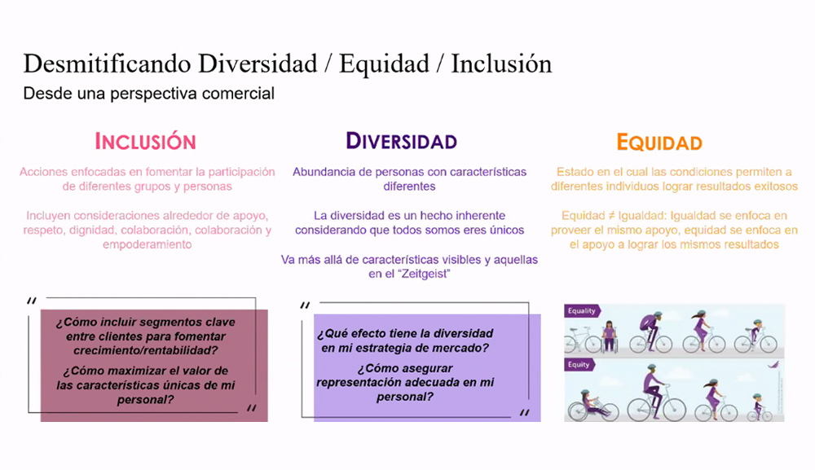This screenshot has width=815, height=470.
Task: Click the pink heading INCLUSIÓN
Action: point(146,141)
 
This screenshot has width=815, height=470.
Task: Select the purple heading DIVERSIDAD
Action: point(401,141)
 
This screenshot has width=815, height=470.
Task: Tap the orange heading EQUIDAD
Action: point(659,143)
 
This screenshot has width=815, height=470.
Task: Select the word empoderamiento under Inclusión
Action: point(146,244)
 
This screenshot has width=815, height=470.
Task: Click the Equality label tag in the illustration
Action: point(582,310)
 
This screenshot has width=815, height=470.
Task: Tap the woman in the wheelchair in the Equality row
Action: point(608,335)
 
